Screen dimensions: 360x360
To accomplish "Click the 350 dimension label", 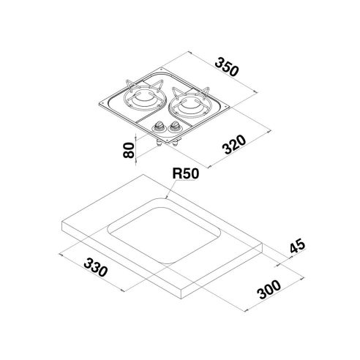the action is point(226,67).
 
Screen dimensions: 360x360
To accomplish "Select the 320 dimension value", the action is point(235,144).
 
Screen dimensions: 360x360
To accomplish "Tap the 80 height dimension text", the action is point(129,150).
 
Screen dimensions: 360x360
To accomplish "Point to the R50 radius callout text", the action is point(186,173).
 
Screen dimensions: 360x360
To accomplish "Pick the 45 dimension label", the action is point(297,247).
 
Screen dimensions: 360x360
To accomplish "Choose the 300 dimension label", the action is point(269,290).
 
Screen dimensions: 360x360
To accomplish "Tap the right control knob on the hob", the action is point(174,125).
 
